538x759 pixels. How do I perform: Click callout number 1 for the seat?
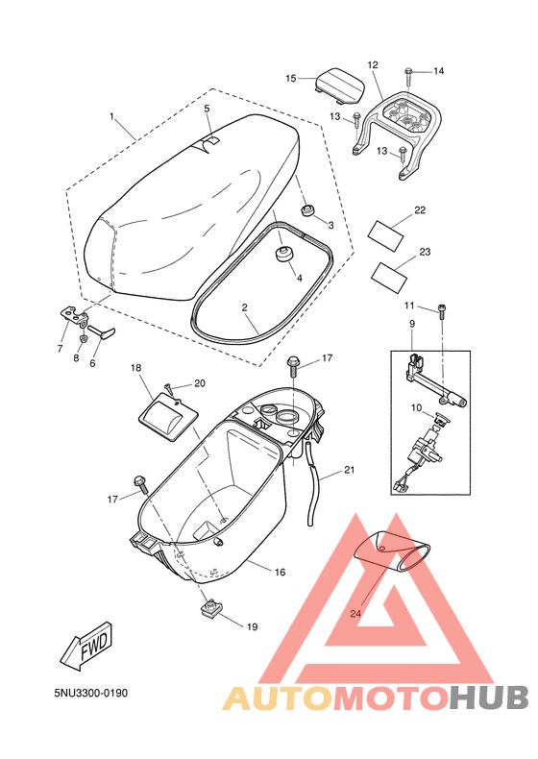pos(111,118)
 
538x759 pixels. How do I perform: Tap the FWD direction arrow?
pos(86,645)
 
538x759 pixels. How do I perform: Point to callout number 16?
pos(280,572)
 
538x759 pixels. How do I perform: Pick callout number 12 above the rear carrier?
pos(373,65)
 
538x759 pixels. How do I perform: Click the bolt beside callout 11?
pos(441,308)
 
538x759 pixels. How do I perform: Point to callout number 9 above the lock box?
pos(411,324)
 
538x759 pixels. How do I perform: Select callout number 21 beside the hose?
pos(349,470)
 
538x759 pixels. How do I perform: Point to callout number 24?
pos(355,613)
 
